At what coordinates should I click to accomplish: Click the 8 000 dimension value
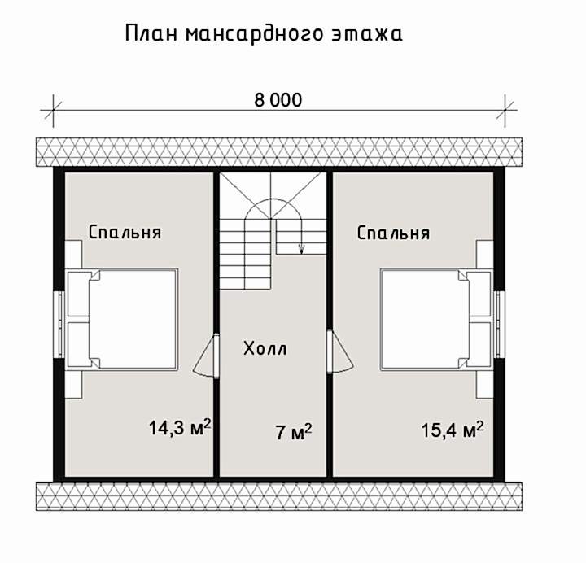[278, 100]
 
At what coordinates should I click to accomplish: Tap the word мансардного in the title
[254, 34]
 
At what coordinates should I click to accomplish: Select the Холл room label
[265, 348]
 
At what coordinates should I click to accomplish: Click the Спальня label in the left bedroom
[125, 233]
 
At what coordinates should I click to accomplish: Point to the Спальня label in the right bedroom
[393, 233]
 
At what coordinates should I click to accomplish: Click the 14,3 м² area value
[180, 427]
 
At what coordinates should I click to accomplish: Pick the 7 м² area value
[294, 432]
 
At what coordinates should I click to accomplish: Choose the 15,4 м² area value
[453, 430]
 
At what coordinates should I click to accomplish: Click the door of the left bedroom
[206, 356]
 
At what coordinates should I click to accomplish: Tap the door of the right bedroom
[339, 352]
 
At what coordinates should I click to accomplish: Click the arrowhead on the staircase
[302, 248]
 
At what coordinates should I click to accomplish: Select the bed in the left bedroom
[122, 319]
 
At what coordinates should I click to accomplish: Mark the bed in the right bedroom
[436, 320]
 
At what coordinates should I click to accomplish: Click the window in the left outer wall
[59, 324]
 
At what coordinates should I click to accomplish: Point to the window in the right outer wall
[499, 324]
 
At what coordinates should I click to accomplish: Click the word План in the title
[151, 33]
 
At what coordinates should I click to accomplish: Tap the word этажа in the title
[367, 34]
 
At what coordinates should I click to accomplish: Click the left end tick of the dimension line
[53, 110]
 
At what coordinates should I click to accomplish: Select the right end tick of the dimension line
[505, 110]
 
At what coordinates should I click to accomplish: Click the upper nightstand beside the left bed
[73, 255]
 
